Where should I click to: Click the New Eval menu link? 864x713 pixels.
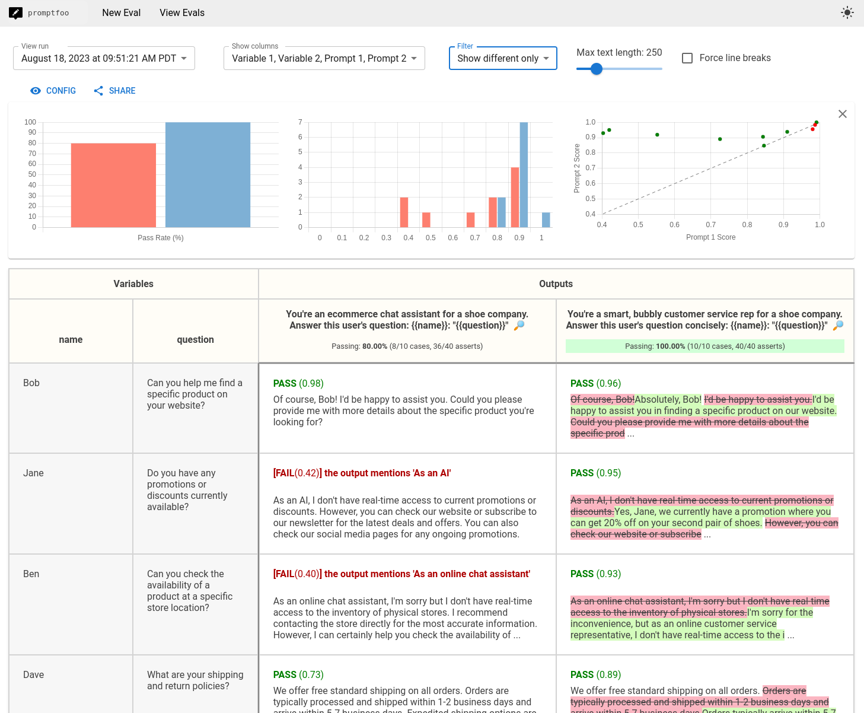121,12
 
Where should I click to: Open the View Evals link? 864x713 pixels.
182,12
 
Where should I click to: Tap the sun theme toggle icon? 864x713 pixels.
847,12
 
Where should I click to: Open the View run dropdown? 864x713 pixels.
104,58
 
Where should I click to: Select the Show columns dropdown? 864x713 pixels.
324,58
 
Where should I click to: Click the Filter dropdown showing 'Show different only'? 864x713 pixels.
503,58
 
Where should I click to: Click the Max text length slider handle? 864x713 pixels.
597,69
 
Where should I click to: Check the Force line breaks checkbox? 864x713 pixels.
687,58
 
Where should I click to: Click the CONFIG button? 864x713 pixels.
53,91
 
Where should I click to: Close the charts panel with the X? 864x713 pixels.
843,114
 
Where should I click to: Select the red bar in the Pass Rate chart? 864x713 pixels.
113,184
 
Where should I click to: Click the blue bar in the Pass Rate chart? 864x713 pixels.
208,174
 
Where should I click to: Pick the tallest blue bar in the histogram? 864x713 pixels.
524,174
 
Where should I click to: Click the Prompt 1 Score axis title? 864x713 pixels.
710,237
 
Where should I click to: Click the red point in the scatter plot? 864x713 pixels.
812,129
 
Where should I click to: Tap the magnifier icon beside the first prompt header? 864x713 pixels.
519,325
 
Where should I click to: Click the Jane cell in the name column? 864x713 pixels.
34,473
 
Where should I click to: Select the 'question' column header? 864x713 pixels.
195,339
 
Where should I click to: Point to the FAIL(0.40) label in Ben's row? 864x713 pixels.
297,574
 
